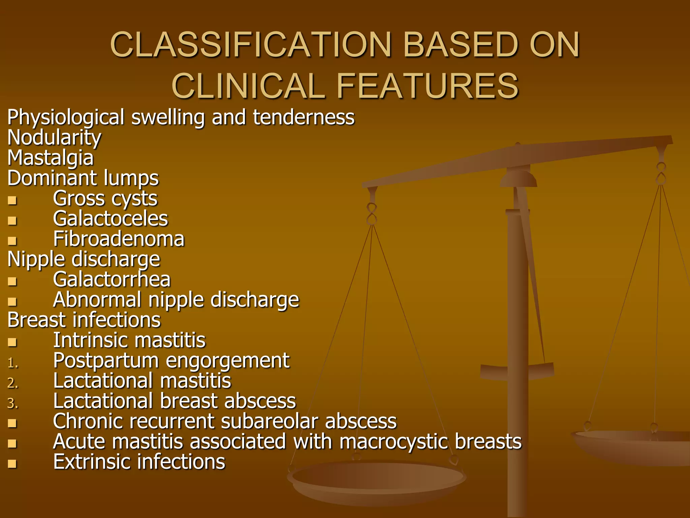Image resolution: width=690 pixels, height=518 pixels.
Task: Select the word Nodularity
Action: coord(54,138)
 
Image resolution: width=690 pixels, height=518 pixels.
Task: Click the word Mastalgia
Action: coord(51,158)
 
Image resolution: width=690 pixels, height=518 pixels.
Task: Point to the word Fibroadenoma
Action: coord(119,239)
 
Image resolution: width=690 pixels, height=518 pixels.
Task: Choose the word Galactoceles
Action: coord(110,219)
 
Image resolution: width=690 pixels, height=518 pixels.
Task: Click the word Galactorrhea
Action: coord(112,280)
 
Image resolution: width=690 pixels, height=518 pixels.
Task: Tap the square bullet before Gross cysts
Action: coord(12,200)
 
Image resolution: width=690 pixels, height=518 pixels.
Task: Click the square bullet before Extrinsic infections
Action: coord(12,464)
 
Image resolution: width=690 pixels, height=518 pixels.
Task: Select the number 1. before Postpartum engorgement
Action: coord(13,363)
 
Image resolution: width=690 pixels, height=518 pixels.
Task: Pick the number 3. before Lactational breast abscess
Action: coord(13,403)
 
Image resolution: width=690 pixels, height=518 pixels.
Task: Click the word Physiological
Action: coord(66,118)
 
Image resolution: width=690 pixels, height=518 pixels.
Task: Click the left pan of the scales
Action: coord(377,479)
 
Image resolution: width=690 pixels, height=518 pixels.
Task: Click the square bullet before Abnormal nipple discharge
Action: coord(12,301)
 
